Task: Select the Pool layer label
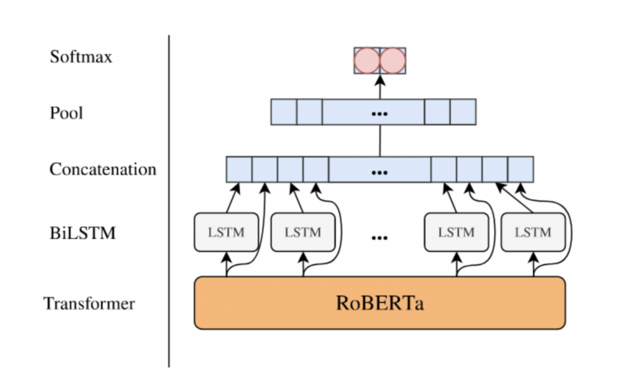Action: (67, 113)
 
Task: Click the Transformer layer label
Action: (89, 305)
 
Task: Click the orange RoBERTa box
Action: (379, 303)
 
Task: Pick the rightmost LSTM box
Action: (533, 232)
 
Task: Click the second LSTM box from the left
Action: (302, 232)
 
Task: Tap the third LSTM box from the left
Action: (456, 232)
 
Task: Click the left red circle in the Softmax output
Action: (367, 61)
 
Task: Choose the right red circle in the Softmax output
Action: (393, 61)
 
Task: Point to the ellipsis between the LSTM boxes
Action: (379, 237)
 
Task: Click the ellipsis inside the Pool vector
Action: (379, 113)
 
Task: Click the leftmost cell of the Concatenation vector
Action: (238, 169)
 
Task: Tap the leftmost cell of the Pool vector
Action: (283, 112)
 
